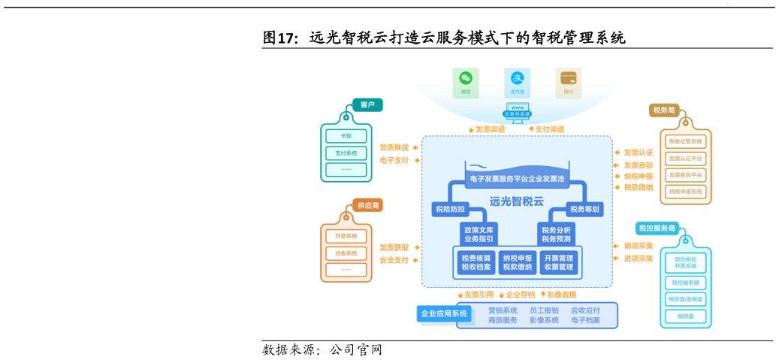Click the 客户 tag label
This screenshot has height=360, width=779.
click(x=367, y=104)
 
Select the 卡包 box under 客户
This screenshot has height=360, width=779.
click(x=346, y=136)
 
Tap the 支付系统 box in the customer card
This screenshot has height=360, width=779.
click(x=346, y=153)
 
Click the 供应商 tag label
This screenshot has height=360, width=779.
click(x=368, y=205)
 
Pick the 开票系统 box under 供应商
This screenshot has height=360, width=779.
click(x=346, y=236)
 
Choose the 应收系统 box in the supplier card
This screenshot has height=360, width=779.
click(x=346, y=253)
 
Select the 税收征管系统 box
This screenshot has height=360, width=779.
click(x=685, y=141)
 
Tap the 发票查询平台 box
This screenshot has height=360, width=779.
click(x=685, y=175)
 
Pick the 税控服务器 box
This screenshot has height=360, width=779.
click(x=685, y=283)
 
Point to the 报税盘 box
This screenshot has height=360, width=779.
click(x=685, y=316)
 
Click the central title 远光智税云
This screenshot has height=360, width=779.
click(x=516, y=201)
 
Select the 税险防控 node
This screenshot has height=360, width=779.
click(x=450, y=209)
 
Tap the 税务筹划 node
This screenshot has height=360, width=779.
click(x=584, y=209)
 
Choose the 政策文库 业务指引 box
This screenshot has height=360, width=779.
click(x=479, y=234)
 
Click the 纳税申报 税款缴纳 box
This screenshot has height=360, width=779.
click(x=517, y=262)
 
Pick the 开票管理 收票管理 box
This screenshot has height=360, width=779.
click(x=558, y=262)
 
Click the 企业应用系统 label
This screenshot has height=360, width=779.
click(x=444, y=313)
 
